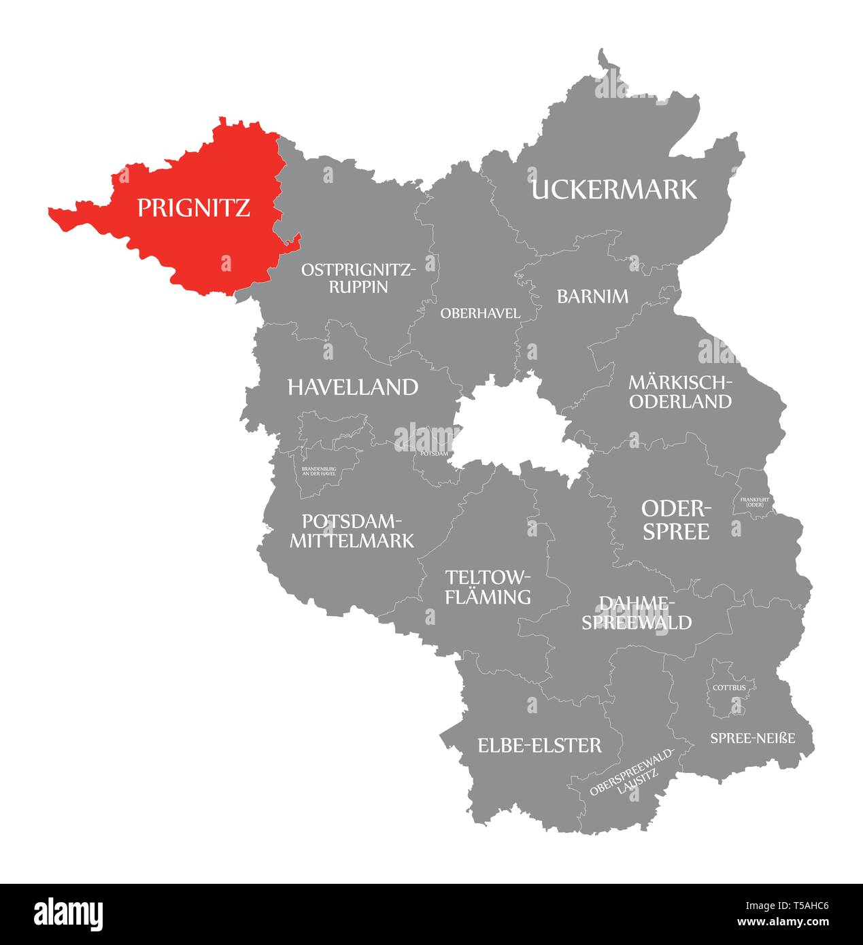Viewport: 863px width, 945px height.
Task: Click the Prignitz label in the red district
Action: [x=194, y=207]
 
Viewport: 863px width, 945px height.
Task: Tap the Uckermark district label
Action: [x=613, y=189]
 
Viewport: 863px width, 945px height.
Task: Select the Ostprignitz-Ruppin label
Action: [x=358, y=278]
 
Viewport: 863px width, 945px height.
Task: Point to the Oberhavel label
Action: [x=480, y=313]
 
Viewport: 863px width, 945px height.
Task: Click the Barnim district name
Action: [x=592, y=296]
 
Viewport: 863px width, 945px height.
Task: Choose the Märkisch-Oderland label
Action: [x=680, y=392]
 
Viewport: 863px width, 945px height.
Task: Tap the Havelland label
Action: [x=353, y=388]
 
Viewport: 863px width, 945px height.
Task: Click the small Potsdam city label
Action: [x=434, y=453]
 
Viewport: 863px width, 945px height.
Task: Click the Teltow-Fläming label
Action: [x=487, y=587]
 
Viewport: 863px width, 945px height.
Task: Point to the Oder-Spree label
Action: [x=676, y=520]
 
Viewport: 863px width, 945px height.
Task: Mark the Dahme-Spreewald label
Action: [x=636, y=613]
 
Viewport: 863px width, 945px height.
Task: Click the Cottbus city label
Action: [x=729, y=687]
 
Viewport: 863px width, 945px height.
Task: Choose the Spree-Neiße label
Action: [x=752, y=738]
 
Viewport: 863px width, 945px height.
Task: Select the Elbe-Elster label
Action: [x=539, y=745]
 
